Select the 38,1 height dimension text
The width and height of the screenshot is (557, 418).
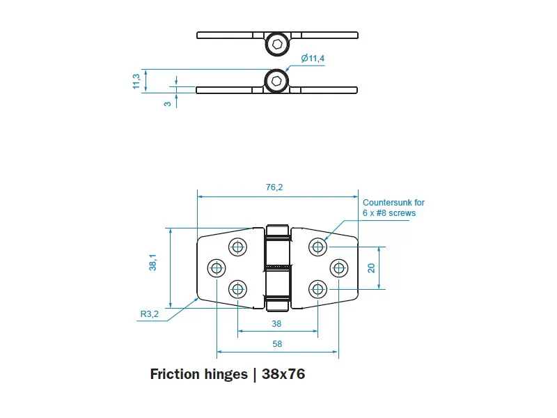152,263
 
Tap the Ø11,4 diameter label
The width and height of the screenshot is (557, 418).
313,59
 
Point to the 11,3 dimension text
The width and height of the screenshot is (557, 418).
136,81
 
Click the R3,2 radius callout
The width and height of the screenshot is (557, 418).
150,314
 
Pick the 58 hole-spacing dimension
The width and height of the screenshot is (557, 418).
277,343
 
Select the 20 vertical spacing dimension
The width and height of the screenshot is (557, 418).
372,268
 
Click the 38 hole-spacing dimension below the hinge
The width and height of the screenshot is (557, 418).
277,323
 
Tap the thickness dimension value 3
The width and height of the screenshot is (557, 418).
167,103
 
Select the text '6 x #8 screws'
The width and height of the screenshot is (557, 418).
389,212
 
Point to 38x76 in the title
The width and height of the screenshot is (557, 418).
283,374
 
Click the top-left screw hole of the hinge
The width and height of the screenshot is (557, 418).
238,246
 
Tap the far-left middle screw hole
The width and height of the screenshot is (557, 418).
217,268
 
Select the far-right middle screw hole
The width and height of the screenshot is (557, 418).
338,268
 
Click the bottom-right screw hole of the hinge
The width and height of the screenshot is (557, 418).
317,289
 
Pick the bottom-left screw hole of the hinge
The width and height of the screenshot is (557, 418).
238,289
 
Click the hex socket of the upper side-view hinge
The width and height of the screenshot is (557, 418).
277,45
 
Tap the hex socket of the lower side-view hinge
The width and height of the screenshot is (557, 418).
277,81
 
